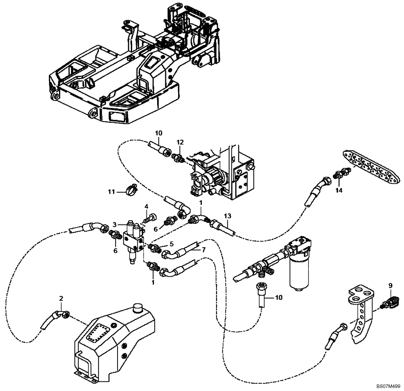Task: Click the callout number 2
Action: pyautogui.click(x=61, y=299)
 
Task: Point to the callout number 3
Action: pyautogui.click(x=115, y=225)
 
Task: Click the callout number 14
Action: pyautogui.click(x=339, y=190)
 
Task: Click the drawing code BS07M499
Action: pyautogui.click(x=387, y=386)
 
